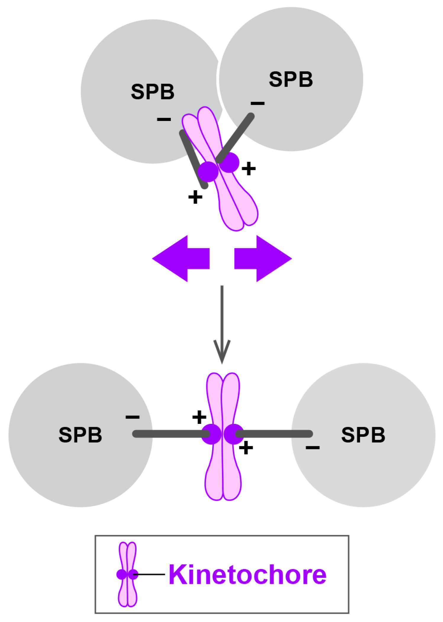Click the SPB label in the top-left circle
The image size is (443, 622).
[152, 92]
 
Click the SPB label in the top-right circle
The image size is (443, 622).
[291, 80]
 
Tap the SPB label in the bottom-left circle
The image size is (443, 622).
[80, 435]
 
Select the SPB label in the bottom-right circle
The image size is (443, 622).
[363, 435]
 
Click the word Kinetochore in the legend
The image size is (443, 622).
[247, 574]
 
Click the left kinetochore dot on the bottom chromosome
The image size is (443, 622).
[211, 434]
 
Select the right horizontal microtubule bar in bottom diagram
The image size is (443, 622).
[274, 434]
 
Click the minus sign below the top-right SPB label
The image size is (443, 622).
[257, 103]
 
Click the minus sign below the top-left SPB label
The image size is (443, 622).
[164, 119]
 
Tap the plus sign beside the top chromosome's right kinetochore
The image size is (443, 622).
[249, 169]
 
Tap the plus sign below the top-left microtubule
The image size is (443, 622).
[195, 197]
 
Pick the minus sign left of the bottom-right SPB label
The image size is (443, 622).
[312, 447]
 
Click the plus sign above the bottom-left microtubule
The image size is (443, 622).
[199, 417]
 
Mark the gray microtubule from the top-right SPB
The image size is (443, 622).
[235, 138]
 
